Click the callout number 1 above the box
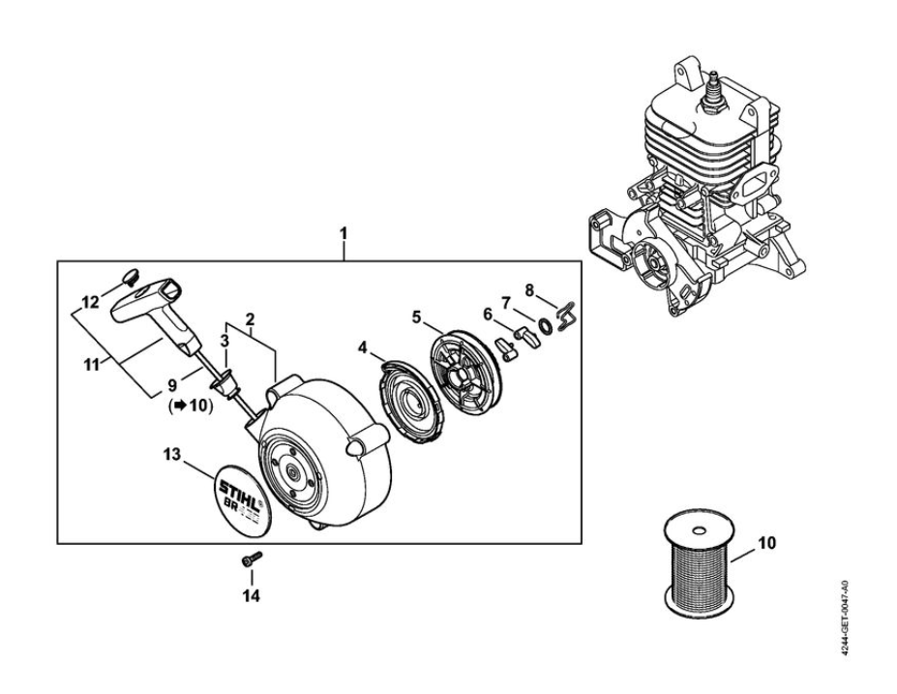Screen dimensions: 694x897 click(x=344, y=233)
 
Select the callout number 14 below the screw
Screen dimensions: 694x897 click(x=252, y=595)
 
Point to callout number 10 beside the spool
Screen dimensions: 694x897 click(x=765, y=542)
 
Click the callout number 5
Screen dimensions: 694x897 click(x=414, y=316)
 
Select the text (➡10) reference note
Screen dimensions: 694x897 click(x=191, y=405)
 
